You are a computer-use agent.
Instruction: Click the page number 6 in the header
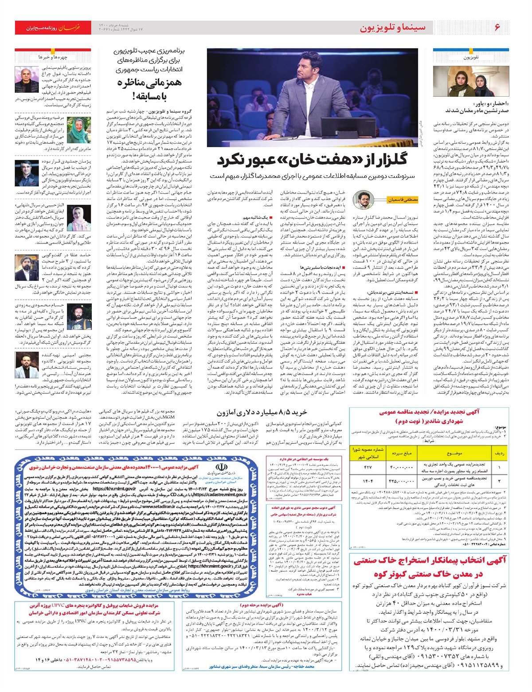coord(497,28)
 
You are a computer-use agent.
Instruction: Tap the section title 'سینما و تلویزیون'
coord(392,28)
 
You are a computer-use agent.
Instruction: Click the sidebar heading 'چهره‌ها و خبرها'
coord(53,57)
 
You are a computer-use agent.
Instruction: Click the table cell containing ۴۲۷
coord(368,467)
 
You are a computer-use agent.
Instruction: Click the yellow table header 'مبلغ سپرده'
coord(402,453)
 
